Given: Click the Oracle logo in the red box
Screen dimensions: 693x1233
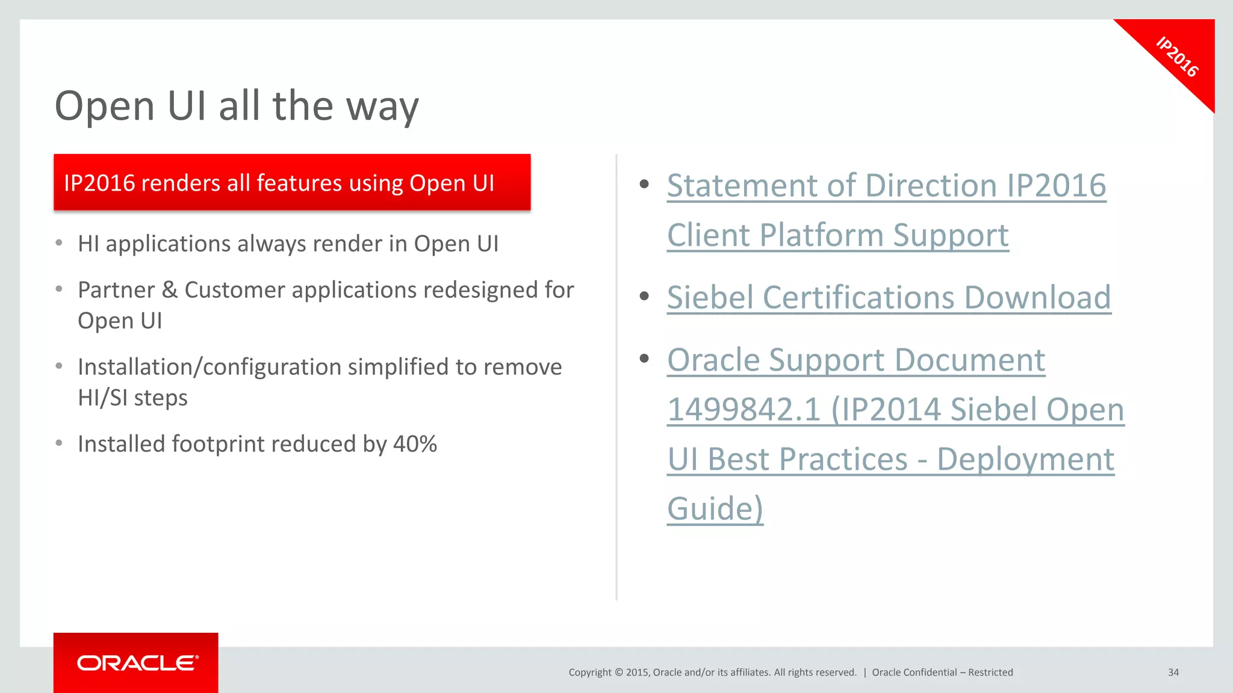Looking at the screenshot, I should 137,663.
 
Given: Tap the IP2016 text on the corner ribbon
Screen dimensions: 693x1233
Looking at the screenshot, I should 1177,57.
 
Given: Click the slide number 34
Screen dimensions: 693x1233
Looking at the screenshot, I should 1173,673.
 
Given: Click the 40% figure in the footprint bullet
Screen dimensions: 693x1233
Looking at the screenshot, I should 415,444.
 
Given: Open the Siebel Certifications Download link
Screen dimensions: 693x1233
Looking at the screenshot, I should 889,298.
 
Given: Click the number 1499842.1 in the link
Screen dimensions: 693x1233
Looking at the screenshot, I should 744,410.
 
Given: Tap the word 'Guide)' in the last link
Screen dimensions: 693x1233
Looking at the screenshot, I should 715,509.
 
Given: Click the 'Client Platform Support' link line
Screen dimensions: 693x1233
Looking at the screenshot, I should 837,235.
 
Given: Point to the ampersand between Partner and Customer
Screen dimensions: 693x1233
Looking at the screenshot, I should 170,290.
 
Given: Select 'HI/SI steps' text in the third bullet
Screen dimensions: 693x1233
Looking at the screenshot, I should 132,398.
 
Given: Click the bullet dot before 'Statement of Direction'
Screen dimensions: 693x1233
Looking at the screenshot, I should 644,184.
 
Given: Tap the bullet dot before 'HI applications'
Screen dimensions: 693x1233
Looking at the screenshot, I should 59,243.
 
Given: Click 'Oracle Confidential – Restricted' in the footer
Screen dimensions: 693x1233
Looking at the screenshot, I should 942,673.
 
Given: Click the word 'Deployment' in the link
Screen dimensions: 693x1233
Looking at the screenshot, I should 1025,460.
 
